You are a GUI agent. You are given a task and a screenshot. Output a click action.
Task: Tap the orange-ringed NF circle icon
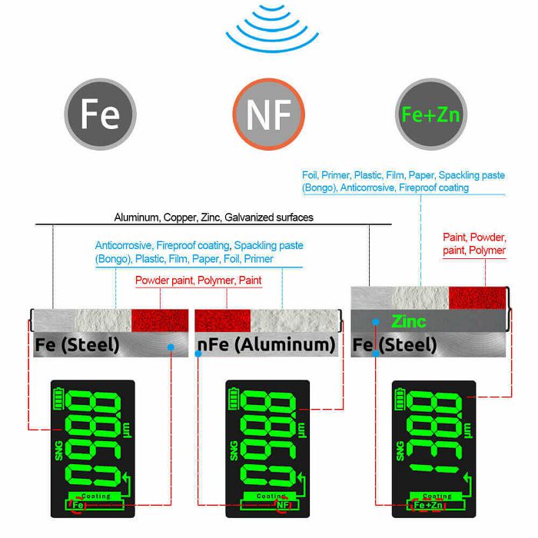click(268, 115)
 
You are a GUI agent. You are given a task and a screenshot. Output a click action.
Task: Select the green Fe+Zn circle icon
click(431, 115)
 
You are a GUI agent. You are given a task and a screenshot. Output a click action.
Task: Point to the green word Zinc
click(408, 320)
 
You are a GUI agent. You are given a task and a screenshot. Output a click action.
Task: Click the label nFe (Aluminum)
click(266, 344)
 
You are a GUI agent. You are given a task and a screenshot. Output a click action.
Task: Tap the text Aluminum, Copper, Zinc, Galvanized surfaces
click(214, 218)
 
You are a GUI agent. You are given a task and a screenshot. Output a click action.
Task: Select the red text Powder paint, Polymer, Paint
click(198, 281)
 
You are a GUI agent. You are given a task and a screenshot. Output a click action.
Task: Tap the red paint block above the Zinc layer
click(478, 297)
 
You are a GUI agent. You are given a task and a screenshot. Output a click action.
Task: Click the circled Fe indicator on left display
click(78, 506)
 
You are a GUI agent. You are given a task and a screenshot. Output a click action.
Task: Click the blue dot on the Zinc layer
click(374, 320)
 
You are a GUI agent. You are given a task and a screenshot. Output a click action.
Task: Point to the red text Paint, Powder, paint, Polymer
click(474, 244)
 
